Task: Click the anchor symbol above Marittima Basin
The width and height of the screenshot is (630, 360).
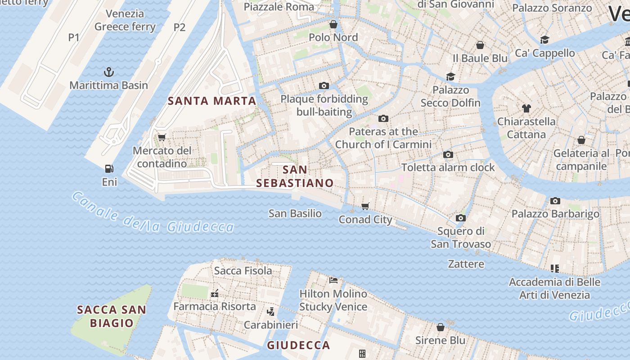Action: (x=108, y=72)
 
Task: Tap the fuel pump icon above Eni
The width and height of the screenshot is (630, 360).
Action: (x=109, y=169)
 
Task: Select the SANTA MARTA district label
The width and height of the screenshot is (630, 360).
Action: (x=212, y=101)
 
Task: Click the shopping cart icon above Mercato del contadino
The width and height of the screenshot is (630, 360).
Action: (x=162, y=137)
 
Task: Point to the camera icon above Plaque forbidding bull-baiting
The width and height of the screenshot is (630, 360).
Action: (x=324, y=85)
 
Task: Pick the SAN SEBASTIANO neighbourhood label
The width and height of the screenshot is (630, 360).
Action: (x=295, y=176)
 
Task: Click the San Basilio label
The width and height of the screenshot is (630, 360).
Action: (x=295, y=213)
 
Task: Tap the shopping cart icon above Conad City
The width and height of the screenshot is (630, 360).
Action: (x=365, y=206)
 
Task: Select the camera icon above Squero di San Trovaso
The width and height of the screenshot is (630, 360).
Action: (x=460, y=218)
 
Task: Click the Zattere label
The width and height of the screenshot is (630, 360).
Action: (x=466, y=264)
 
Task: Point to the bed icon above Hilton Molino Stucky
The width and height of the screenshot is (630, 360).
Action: (x=333, y=280)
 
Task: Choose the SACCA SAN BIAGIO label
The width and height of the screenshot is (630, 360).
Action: (x=112, y=316)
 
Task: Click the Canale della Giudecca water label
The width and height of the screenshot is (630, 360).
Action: (x=153, y=213)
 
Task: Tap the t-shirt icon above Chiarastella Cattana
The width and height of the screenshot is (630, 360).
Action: (x=526, y=108)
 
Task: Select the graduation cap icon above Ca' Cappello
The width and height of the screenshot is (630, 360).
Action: (x=544, y=40)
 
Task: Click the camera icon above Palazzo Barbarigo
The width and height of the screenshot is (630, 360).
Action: (x=555, y=201)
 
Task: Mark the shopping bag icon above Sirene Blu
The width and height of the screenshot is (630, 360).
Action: (x=441, y=327)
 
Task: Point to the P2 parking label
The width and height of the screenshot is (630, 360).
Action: (x=180, y=27)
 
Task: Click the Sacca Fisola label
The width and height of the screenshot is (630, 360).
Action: (x=243, y=271)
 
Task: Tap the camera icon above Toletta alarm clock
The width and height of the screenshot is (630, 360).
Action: (x=448, y=154)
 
